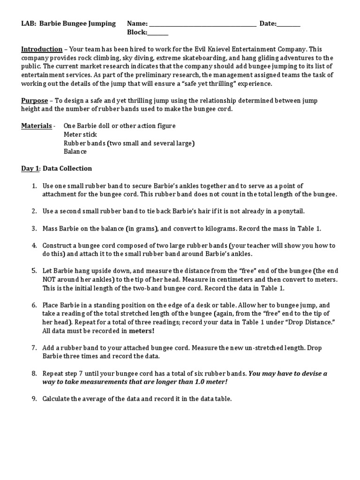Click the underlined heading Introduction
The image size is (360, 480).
[42, 49]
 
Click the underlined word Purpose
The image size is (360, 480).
[35, 100]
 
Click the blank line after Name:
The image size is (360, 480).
[202, 24]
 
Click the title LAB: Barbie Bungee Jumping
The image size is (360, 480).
[68, 24]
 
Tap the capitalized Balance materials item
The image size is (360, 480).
[75, 151]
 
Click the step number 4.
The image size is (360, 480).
[34, 246]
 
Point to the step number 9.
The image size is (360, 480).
[34, 399]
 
